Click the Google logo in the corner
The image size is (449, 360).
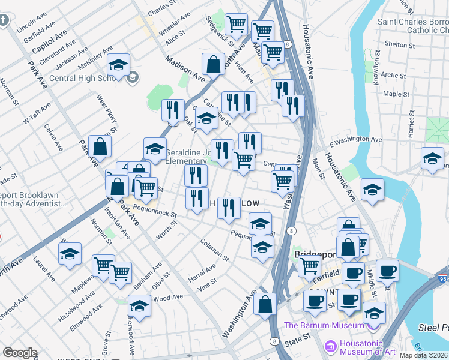click(x=20, y=352)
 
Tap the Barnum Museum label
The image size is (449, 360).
click(x=324, y=326)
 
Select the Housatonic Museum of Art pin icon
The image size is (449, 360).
click(x=330, y=346)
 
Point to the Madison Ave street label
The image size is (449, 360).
click(x=185, y=67)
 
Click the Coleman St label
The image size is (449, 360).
click(x=214, y=250)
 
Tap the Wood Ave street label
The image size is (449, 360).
click(x=168, y=298)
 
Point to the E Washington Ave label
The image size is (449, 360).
click(x=355, y=140)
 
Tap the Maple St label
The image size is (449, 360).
click(x=396, y=94)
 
